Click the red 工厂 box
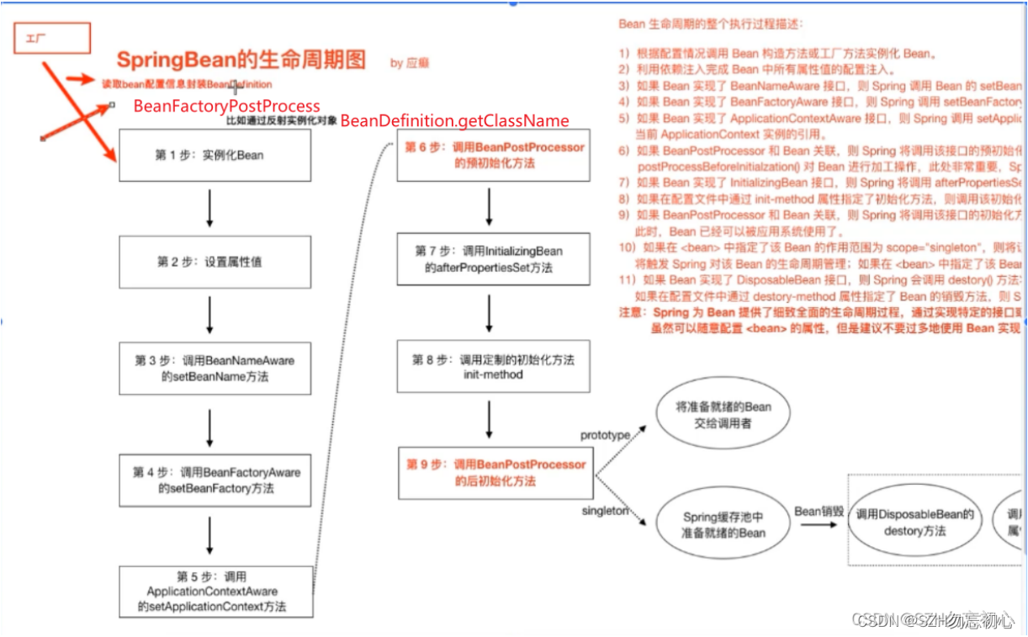(x=51, y=39)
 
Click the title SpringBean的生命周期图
(x=241, y=60)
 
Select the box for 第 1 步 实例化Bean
(x=209, y=155)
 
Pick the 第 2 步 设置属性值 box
(x=209, y=262)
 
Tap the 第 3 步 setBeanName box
(x=215, y=369)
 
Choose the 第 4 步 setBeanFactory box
(x=215, y=480)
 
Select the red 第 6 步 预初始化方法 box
(x=494, y=156)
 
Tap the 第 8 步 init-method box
(x=492, y=367)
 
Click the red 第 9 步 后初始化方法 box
(x=495, y=473)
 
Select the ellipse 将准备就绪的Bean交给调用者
(x=724, y=415)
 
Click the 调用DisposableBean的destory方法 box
(x=914, y=523)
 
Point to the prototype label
(x=605, y=435)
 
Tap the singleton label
(x=604, y=511)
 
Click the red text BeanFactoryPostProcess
(x=227, y=106)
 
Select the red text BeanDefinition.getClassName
(x=454, y=121)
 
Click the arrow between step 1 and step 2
(x=209, y=208)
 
